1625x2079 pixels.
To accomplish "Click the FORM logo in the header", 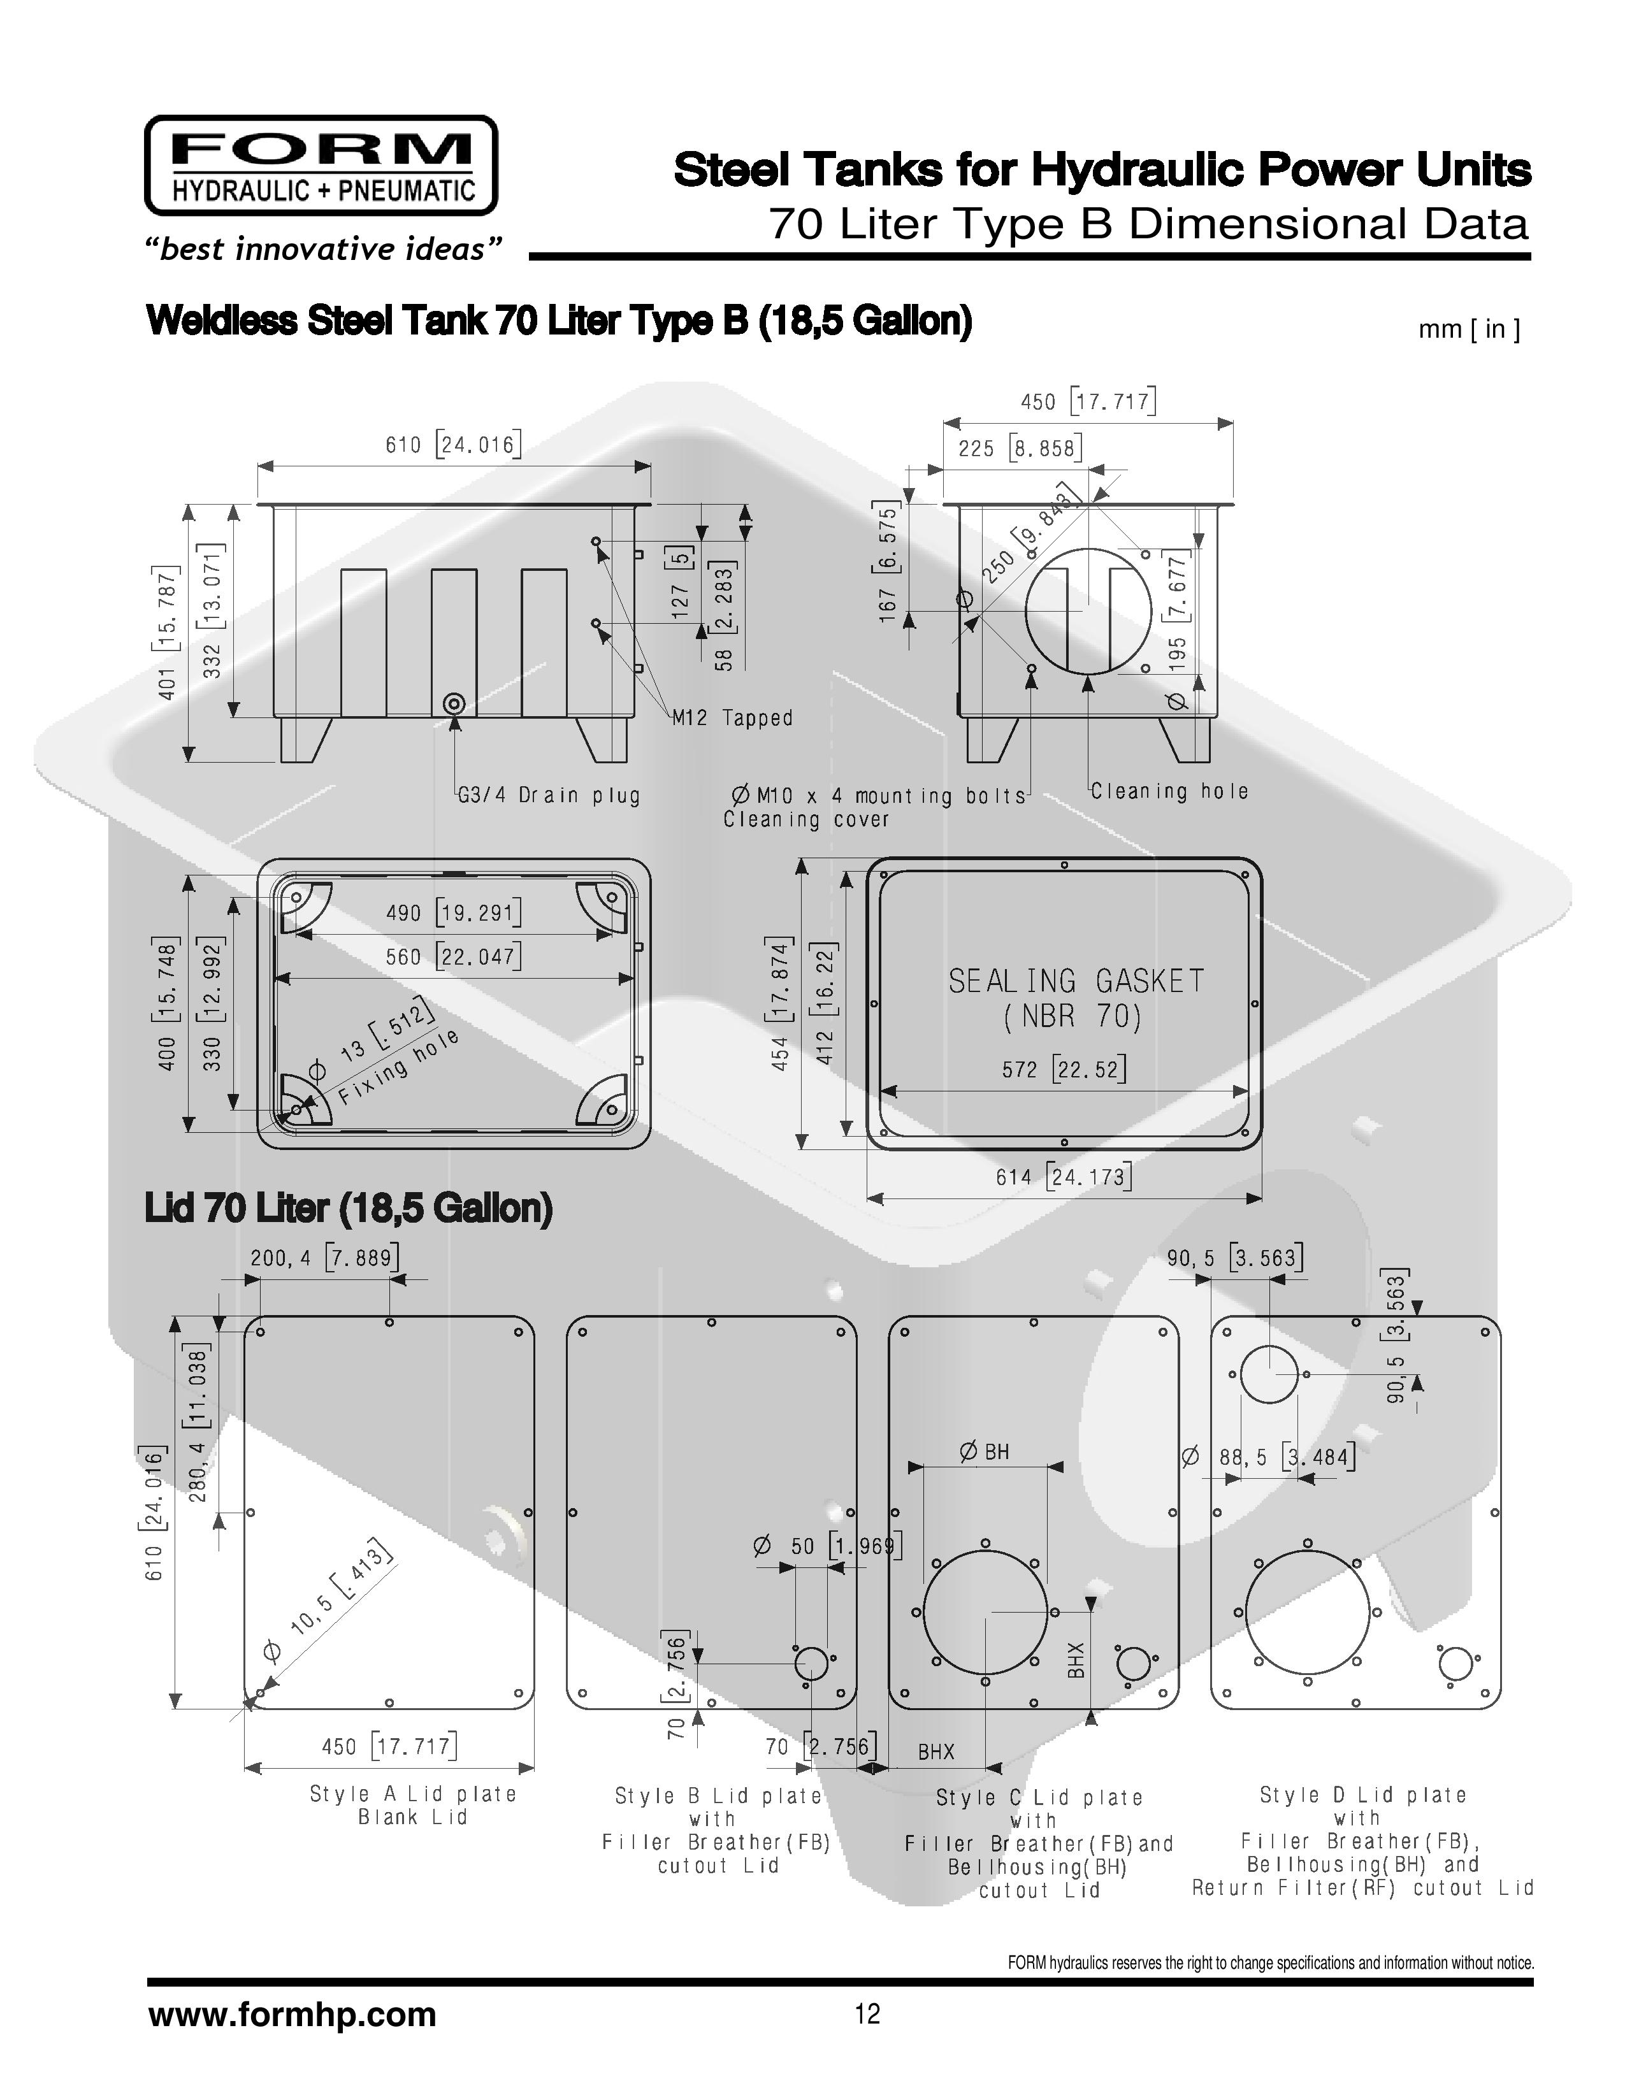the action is pos(321,166).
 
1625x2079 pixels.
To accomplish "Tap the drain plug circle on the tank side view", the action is pos(455,705).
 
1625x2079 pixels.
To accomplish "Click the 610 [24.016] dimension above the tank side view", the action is pos(453,445).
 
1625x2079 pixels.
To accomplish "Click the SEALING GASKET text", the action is pos(1077,981).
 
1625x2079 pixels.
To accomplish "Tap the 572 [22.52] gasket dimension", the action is pos(1064,1069).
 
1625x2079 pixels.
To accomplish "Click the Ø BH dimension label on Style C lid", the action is pos(985,1451).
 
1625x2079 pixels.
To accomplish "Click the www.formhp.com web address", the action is pos(292,2014).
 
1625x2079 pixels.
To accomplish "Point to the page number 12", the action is pos(867,2014).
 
